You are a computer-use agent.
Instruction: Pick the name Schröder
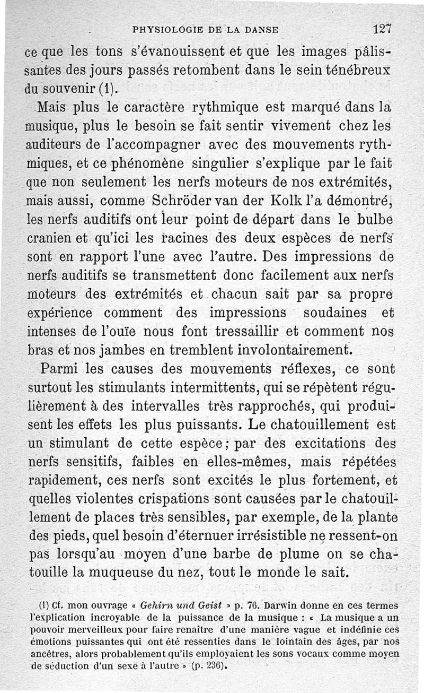click(180, 201)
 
